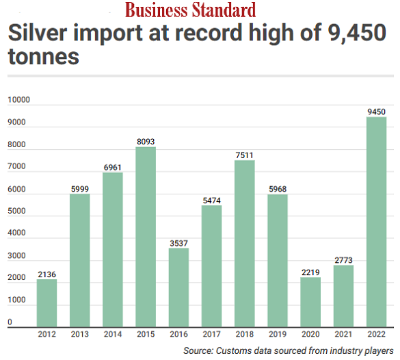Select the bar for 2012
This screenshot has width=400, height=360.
(x=46, y=303)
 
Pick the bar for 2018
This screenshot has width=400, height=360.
(x=244, y=244)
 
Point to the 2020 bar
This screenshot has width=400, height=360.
(x=310, y=302)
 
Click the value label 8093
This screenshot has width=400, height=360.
(x=146, y=142)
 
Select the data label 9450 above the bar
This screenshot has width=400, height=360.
(x=376, y=112)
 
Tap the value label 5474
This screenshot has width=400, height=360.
(x=211, y=200)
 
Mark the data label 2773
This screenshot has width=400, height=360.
(x=343, y=259)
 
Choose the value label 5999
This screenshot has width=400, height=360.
(x=79, y=189)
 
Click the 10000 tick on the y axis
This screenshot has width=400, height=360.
(x=19, y=101)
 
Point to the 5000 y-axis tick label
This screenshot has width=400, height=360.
(x=16, y=211)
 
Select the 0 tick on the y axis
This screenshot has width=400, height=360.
(x=10, y=322)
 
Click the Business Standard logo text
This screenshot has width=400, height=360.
(x=190, y=10)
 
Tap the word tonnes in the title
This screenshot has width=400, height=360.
(x=43, y=57)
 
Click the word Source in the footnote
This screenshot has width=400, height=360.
(x=199, y=351)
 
